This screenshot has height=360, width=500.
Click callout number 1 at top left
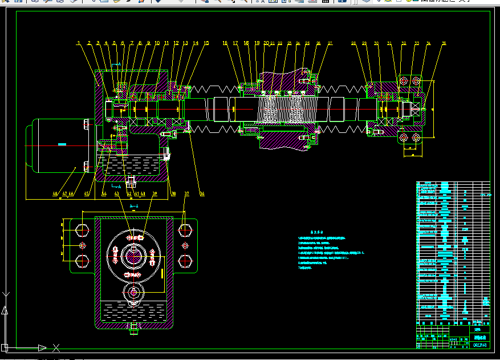[x=80, y=43]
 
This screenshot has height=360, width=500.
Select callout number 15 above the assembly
[x=206, y=43]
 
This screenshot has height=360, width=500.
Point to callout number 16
[x=225, y=43]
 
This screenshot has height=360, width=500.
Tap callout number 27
[x=330, y=43]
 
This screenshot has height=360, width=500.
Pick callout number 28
[x=353, y=43]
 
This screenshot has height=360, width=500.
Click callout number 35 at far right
[x=444, y=43]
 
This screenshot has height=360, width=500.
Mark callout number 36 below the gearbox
[x=201, y=194]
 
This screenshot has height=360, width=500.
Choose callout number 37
[x=186, y=194]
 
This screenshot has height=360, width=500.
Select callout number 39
[x=154, y=194]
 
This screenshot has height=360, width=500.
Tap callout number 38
[x=173, y=194]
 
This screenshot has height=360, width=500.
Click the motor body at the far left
[x=57, y=145]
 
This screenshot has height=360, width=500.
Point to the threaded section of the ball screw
[x=279, y=108]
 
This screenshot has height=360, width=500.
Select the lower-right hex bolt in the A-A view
[x=184, y=262]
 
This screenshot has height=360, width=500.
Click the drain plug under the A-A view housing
[x=134, y=329]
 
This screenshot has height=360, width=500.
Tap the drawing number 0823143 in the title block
[x=480, y=345]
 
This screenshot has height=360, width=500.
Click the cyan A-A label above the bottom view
[x=135, y=205]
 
